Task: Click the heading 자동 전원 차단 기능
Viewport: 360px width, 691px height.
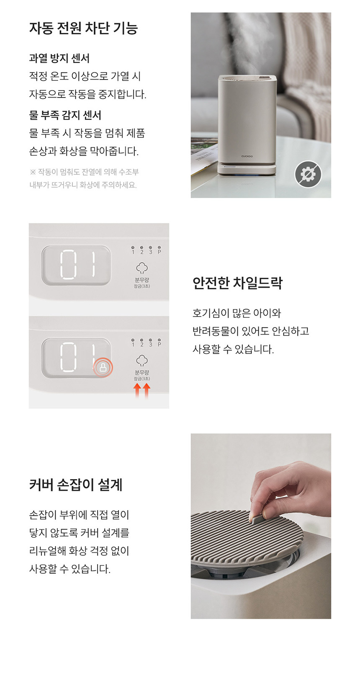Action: (84, 28)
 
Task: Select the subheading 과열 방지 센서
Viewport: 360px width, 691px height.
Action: (59, 58)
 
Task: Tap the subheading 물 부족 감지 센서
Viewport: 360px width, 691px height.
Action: (65, 115)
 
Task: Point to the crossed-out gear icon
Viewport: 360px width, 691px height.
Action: (308, 174)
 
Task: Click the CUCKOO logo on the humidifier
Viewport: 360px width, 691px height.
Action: (247, 156)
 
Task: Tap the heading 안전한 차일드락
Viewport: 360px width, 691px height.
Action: (237, 283)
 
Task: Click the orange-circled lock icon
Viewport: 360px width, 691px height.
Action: (103, 367)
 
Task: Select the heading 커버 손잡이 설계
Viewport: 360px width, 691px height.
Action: (76, 485)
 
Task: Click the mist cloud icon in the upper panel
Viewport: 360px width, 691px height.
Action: (142, 268)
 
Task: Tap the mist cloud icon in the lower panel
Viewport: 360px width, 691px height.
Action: (142, 361)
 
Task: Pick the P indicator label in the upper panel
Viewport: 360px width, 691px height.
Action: (159, 252)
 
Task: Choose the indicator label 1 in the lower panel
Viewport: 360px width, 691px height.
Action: (133, 345)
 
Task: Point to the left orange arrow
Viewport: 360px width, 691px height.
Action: (137, 391)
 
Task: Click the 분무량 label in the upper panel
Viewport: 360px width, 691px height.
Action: (142, 280)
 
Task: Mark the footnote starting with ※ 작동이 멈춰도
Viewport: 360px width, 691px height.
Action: (84, 178)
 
